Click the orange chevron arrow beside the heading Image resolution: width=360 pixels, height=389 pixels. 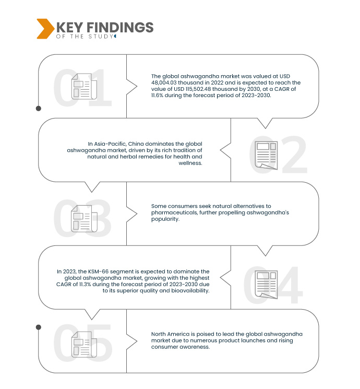pos(45,29)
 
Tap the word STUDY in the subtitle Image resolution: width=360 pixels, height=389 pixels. pos(101,37)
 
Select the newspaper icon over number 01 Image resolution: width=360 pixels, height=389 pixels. pos(84,86)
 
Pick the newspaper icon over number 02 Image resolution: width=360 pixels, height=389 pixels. pos(267,155)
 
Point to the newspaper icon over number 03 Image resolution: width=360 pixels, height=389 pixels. pos(84,219)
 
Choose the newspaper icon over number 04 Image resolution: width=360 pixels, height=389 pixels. pos(267,285)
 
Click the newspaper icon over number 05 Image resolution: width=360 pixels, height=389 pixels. pos(84,344)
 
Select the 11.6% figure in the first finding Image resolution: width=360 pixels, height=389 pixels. pos(157,96)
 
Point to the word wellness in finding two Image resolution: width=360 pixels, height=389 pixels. pos(190,163)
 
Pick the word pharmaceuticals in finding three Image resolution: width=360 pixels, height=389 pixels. pos(175,213)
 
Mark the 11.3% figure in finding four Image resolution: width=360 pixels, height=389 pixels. pos(85,284)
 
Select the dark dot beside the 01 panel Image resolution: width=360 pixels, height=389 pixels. pos(39,109)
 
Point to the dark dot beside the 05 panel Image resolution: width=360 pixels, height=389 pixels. pos(39,327)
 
